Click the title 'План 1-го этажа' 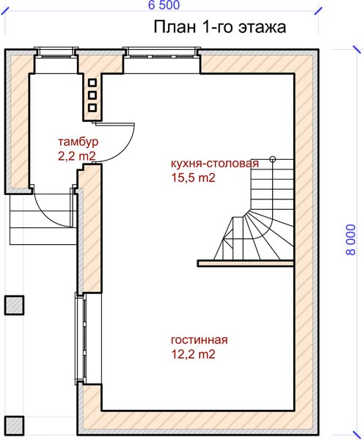click(x=220, y=27)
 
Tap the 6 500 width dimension click(x=164, y=5)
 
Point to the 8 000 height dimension click(x=351, y=240)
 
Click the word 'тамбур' click(x=78, y=142)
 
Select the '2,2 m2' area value click(x=77, y=156)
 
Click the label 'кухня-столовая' click(x=215, y=164)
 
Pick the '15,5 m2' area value click(x=194, y=177)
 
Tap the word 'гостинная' click(x=199, y=340)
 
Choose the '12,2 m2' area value click(x=194, y=354)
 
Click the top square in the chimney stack click(x=92, y=83)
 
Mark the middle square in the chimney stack click(x=92, y=95)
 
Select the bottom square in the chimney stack click(x=92, y=108)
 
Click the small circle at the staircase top click(x=272, y=159)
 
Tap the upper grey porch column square click(x=14, y=305)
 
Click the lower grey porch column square click(x=14, y=426)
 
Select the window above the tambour click(x=56, y=53)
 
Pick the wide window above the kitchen click(x=161, y=53)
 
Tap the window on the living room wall click(x=81, y=337)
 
